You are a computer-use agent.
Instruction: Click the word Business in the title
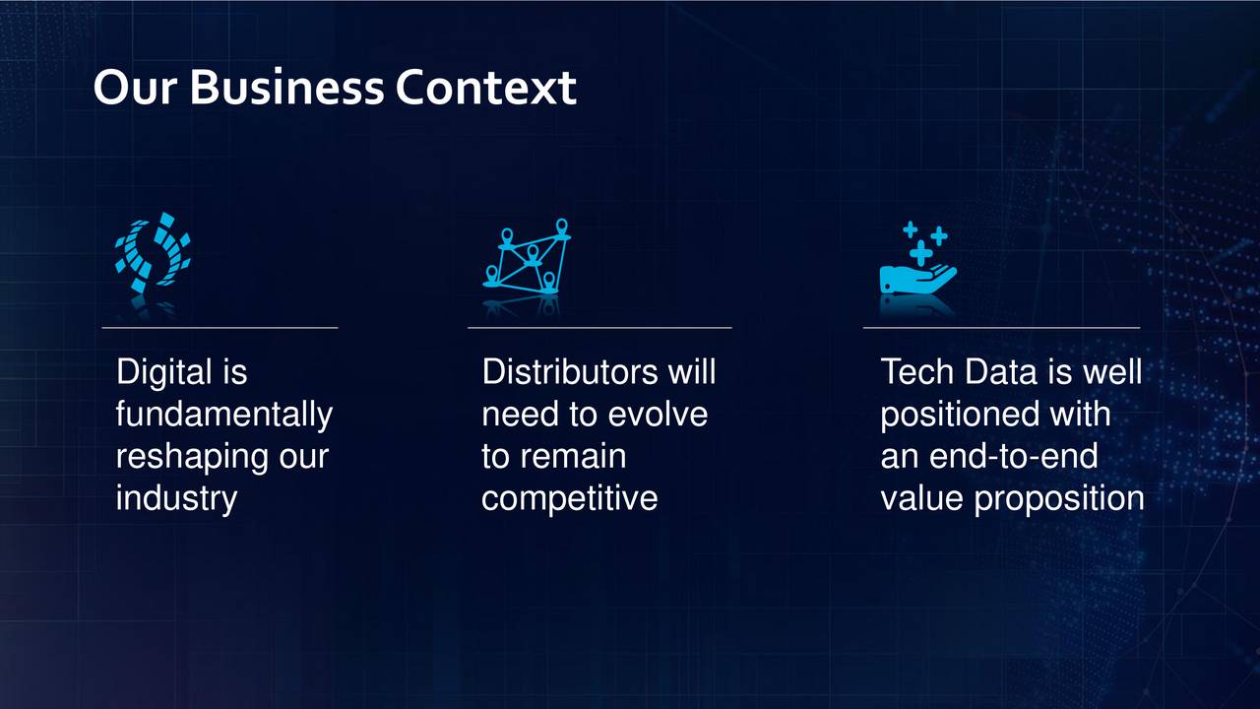click(287, 88)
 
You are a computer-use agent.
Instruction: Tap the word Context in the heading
click(486, 88)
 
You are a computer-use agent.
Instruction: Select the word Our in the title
click(136, 88)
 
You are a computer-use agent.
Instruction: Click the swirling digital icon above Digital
click(153, 252)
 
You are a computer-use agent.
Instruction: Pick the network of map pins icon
click(527, 256)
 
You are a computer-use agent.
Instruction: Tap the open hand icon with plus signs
click(918, 258)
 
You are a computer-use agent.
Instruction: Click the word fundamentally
click(224, 415)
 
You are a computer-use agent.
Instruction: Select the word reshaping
click(192, 457)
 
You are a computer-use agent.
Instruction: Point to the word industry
click(176, 498)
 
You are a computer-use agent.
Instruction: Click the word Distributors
click(570, 372)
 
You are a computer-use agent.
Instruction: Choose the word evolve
click(659, 415)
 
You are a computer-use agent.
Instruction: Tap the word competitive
click(570, 498)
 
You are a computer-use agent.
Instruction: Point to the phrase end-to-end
click(1013, 456)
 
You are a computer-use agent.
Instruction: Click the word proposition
click(1058, 498)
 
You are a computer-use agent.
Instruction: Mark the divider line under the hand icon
click(1001, 328)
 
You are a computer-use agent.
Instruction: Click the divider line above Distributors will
click(599, 328)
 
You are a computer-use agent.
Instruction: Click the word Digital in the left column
click(164, 372)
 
